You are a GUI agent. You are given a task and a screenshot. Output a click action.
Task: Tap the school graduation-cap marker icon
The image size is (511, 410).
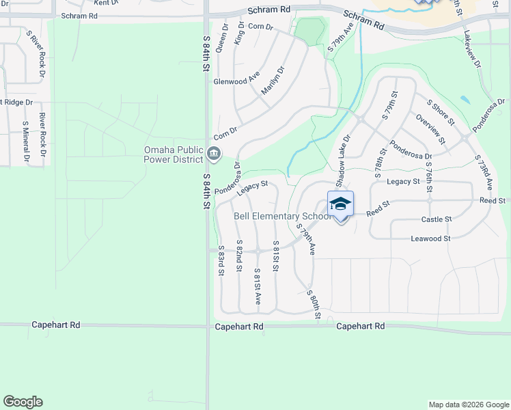[x=341, y=204]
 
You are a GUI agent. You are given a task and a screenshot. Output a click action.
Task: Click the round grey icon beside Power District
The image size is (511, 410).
[x=213, y=155]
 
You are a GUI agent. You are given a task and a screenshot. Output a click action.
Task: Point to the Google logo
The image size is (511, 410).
[x=23, y=402]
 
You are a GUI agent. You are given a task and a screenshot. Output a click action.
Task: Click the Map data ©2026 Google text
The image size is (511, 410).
[x=469, y=405]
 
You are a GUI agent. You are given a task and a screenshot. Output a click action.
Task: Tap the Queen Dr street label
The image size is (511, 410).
[x=221, y=38]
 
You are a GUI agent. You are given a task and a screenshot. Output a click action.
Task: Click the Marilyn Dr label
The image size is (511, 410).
[x=271, y=80]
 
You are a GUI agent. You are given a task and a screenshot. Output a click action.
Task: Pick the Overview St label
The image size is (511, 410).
[x=430, y=129]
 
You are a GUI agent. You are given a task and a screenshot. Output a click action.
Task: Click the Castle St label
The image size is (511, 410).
[x=437, y=219]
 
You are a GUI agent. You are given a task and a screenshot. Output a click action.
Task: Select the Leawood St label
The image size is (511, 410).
[x=430, y=238]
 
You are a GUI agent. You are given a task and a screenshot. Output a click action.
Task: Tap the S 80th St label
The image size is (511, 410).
[x=314, y=302]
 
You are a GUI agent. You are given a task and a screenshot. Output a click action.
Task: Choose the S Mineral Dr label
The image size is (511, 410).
[x=26, y=141]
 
